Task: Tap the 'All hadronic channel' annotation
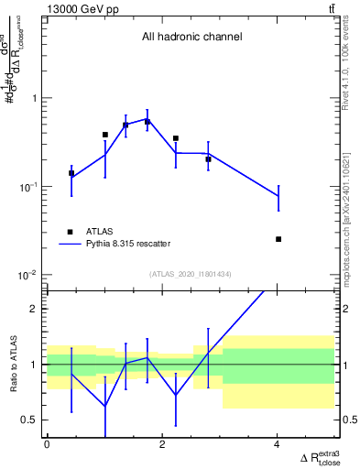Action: (191, 38)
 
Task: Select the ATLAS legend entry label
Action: (100, 232)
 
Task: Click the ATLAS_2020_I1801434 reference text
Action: (191, 274)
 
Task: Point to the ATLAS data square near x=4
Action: (278, 239)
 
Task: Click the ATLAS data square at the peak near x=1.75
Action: (147, 121)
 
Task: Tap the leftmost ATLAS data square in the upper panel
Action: (71, 173)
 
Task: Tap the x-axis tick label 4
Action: (278, 445)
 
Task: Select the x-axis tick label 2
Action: (162, 445)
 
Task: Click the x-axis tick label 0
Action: (48, 445)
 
